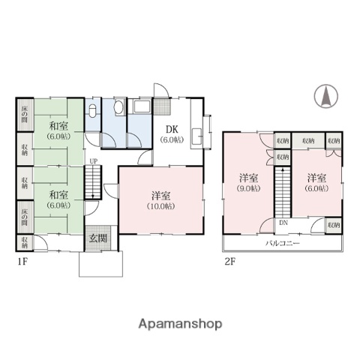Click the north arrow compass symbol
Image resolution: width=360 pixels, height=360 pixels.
coord(327,96)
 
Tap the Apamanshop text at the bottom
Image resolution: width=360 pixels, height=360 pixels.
coord(180,324)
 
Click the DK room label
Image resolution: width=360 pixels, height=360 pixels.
coord(172,127)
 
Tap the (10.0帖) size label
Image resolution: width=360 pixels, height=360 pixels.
coord(160,205)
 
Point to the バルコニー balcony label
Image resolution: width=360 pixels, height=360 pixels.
coord(282,244)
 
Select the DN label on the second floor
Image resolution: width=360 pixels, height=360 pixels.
coord(282,223)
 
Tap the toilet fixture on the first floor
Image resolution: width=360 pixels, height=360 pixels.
coord(92,113)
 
